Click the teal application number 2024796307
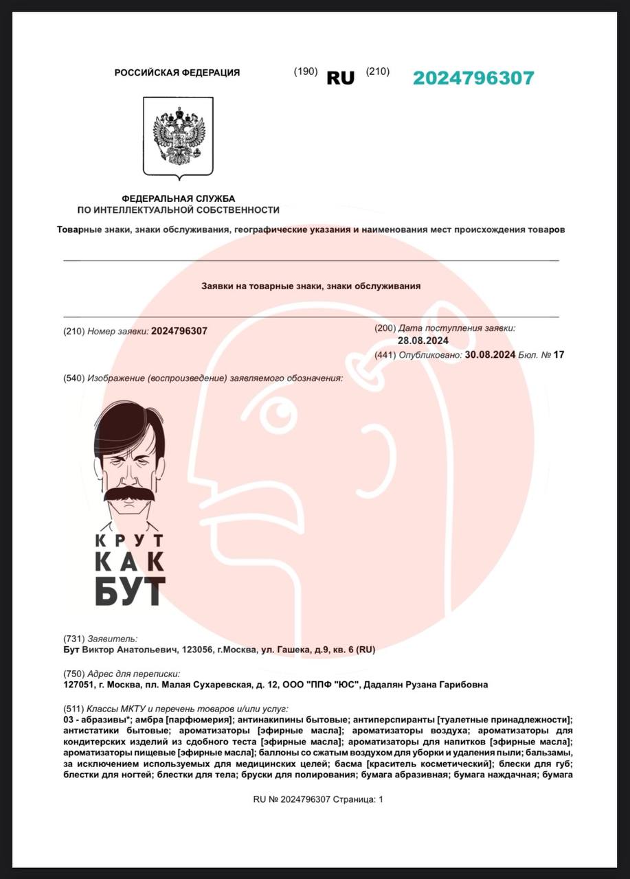pyautogui.click(x=473, y=78)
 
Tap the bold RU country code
pyautogui.click(x=341, y=78)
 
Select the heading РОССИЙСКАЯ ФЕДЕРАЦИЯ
pyautogui.click(x=177, y=73)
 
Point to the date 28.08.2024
pyautogui.click(x=423, y=341)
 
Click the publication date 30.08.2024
pyautogui.click(x=490, y=355)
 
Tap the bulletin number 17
pyautogui.click(x=559, y=355)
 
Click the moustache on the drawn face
pyautogui.click(x=130, y=493)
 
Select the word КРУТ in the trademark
pyautogui.click(x=130, y=540)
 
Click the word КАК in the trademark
pyautogui.click(x=130, y=561)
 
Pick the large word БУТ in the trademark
pyautogui.click(x=130, y=591)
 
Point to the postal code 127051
pyautogui.click(x=78, y=685)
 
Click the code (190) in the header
pyautogui.click(x=306, y=71)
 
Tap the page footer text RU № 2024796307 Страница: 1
pyautogui.click(x=318, y=799)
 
